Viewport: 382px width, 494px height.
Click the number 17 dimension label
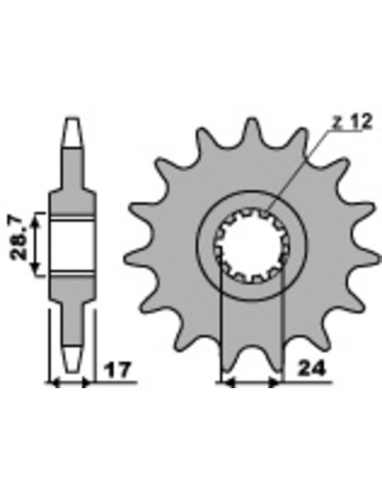tap(117, 370)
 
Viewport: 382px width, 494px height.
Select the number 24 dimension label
tap(312, 369)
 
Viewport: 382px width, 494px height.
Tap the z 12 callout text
tap(352, 122)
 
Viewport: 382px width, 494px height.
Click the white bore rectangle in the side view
tap(73, 245)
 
